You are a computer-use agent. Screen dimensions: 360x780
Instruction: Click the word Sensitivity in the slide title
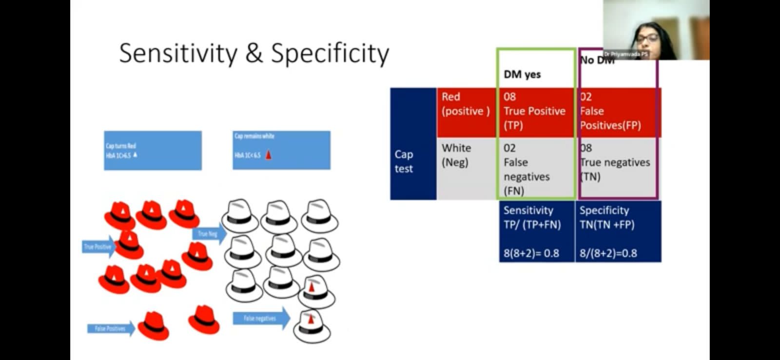click(x=178, y=54)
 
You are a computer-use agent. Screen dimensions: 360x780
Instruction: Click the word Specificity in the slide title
click(x=330, y=54)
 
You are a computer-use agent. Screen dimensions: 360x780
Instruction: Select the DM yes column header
click(x=522, y=74)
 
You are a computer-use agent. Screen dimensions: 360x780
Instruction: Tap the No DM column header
click(x=597, y=60)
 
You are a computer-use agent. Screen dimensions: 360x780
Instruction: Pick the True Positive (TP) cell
click(x=535, y=111)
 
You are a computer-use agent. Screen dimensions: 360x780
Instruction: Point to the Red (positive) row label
click(x=466, y=104)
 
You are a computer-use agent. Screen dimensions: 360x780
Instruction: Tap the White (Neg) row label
click(x=457, y=155)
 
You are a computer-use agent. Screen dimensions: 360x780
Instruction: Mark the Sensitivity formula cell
click(x=536, y=232)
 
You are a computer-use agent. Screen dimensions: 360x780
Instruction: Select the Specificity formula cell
click(x=618, y=232)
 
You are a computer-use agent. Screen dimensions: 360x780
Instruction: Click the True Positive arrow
click(x=98, y=247)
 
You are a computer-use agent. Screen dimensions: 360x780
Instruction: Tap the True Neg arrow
click(x=209, y=234)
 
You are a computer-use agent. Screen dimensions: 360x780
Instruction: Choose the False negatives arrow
click(x=261, y=319)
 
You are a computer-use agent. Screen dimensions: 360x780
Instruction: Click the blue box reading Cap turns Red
click(x=153, y=150)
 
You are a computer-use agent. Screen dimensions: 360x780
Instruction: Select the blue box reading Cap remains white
click(x=281, y=150)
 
